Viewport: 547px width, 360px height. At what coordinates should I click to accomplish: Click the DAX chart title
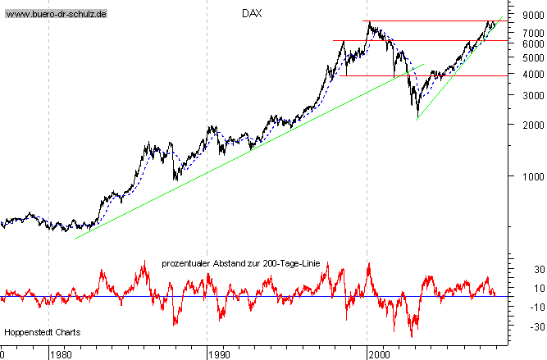pos(252,14)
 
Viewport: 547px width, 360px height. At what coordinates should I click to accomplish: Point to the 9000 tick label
pos(523,14)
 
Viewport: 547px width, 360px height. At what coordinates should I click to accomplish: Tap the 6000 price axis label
pos(523,43)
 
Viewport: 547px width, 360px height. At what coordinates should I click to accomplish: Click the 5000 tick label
pos(523,57)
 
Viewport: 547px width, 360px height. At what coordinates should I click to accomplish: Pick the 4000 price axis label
pos(523,74)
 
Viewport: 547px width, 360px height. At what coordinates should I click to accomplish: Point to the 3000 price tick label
pos(523,95)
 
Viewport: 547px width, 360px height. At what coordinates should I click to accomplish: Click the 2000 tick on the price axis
pos(523,125)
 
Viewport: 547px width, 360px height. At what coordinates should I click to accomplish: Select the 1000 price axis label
pos(523,175)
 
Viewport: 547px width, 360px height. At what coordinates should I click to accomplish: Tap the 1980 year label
pos(61,354)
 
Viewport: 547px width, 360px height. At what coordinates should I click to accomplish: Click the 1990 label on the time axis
pos(218,354)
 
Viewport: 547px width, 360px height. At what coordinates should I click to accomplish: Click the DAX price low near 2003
pos(417,116)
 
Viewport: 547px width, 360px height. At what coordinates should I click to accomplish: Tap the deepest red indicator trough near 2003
pos(412,335)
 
